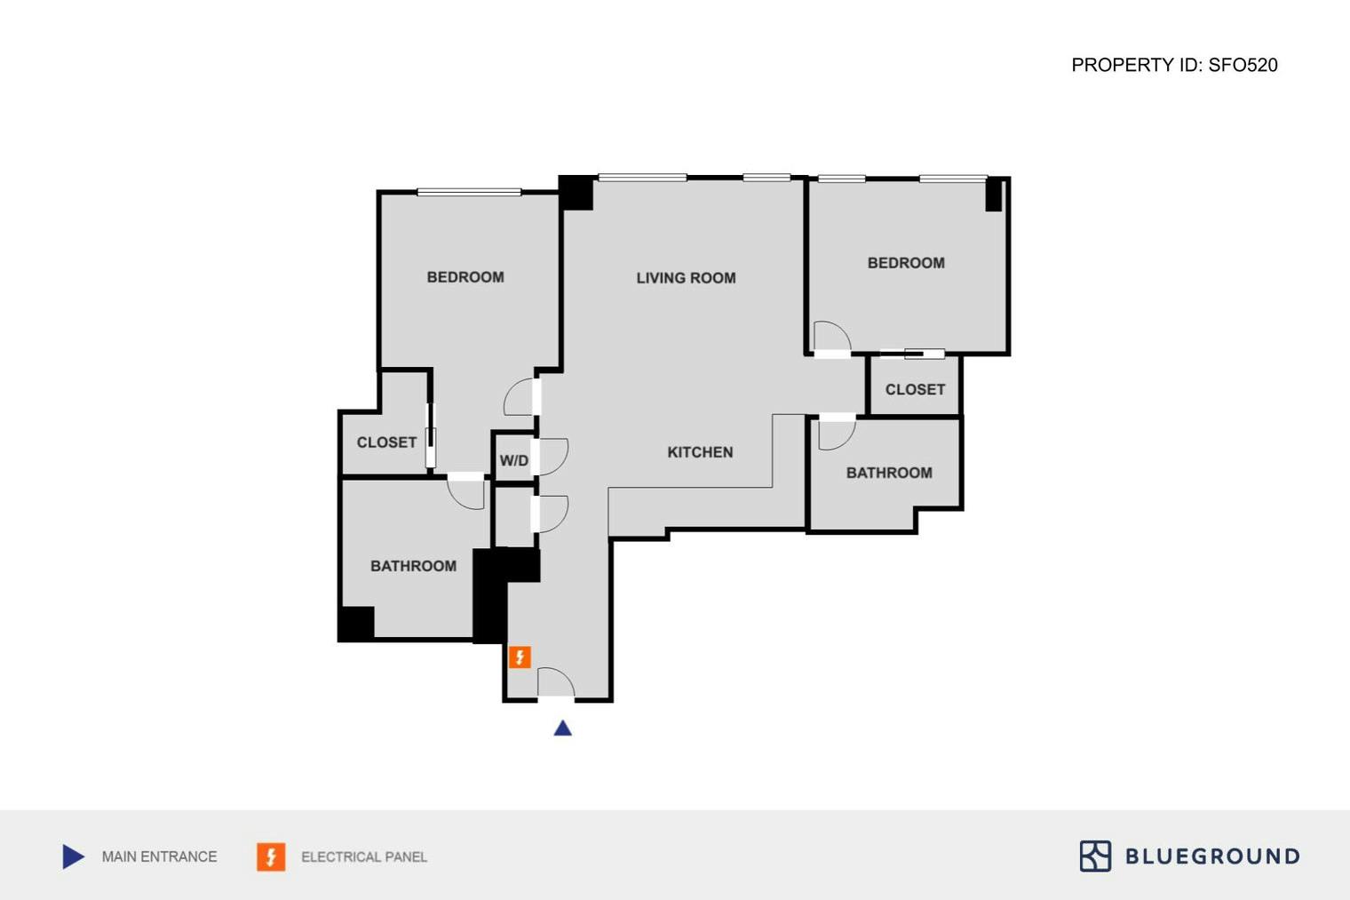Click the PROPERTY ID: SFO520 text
coord(1174,65)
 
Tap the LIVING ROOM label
coord(686,278)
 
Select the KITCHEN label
coord(700,452)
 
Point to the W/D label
coord(513,460)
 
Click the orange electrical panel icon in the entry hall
coord(520,657)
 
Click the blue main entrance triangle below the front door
coord(562,729)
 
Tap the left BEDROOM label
coord(465,277)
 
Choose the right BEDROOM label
coord(906,263)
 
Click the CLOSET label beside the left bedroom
coord(386,442)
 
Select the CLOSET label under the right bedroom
coord(915,389)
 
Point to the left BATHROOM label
coord(413,566)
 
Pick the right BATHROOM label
coord(889,473)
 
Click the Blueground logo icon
coord(1095,856)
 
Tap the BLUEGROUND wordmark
coord(1212,856)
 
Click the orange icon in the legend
coord(271,856)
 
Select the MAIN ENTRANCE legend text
coord(159,856)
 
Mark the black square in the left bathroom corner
coord(356,623)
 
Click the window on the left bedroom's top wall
coord(469,192)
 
